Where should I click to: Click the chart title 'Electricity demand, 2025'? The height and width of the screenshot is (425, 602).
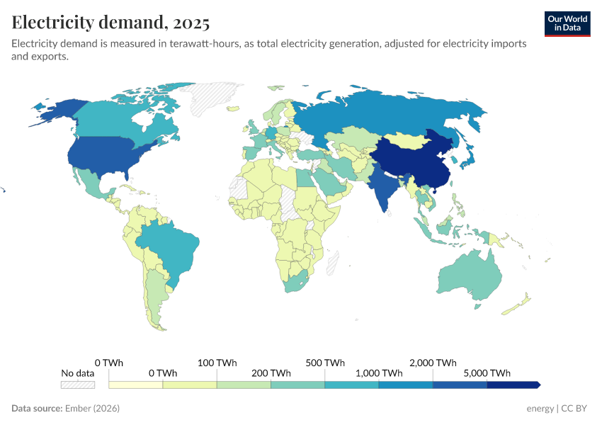(110, 23)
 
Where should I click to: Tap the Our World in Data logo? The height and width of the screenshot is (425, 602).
(567, 23)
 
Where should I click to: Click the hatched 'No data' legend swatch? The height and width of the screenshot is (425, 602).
(77, 385)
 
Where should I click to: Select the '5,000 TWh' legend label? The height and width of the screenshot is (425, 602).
(487, 373)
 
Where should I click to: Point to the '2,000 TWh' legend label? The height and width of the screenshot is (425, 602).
(433, 363)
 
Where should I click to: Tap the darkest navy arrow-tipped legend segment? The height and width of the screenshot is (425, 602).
(513, 385)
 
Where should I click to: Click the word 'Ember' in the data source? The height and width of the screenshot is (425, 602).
(79, 409)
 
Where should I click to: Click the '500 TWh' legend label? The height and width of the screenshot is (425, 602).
(325, 363)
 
